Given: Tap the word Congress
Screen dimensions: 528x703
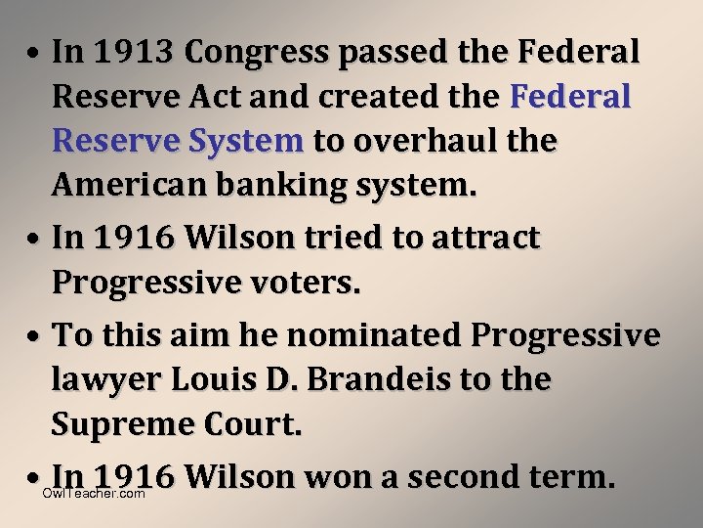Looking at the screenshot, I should click(x=261, y=52).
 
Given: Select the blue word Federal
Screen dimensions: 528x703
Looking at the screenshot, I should click(x=571, y=97).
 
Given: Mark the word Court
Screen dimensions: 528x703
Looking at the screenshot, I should click(x=264, y=423).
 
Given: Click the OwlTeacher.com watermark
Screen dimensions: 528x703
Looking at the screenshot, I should click(x=94, y=494).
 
